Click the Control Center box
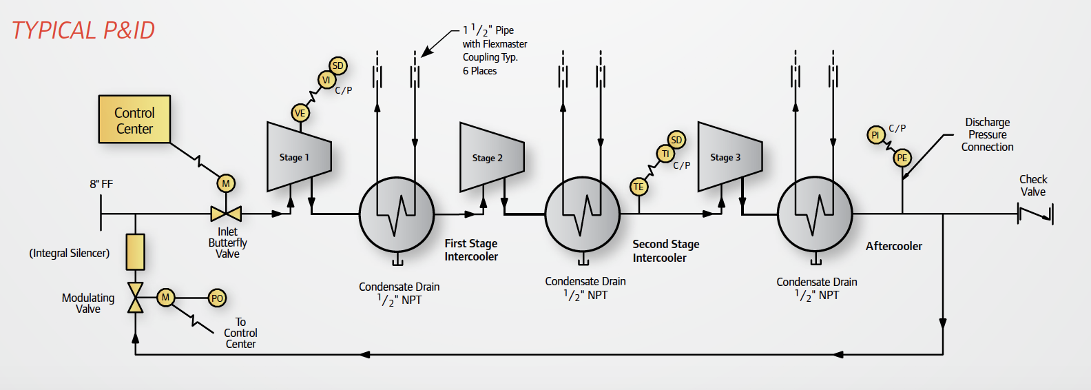tap(134, 119)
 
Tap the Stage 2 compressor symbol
tap(491, 157)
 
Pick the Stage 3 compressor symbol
tap(729, 156)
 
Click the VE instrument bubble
tap(300, 113)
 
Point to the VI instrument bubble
tap(326, 80)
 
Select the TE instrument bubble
tap(638, 187)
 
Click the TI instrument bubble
tap(665, 154)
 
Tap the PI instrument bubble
tap(875, 135)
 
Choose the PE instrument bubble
tap(902, 158)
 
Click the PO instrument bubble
tap(217, 298)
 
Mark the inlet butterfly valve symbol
tap(226, 214)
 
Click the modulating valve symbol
tap(136, 298)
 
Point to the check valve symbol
tap(1035, 214)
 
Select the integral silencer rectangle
tap(136, 252)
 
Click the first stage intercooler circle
tap(397, 214)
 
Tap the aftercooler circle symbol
tap(815, 214)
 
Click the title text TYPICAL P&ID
tap(83, 30)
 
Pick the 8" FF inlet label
tap(101, 184)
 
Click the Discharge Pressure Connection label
tap(987, 134)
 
